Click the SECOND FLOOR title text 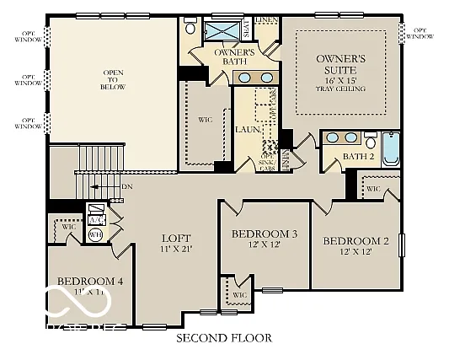(223, 338)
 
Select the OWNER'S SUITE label (340, 64)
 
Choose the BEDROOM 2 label (355, 241)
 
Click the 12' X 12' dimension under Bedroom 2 (355, 253)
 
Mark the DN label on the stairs (126, 186)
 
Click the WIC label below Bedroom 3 (239, 295)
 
